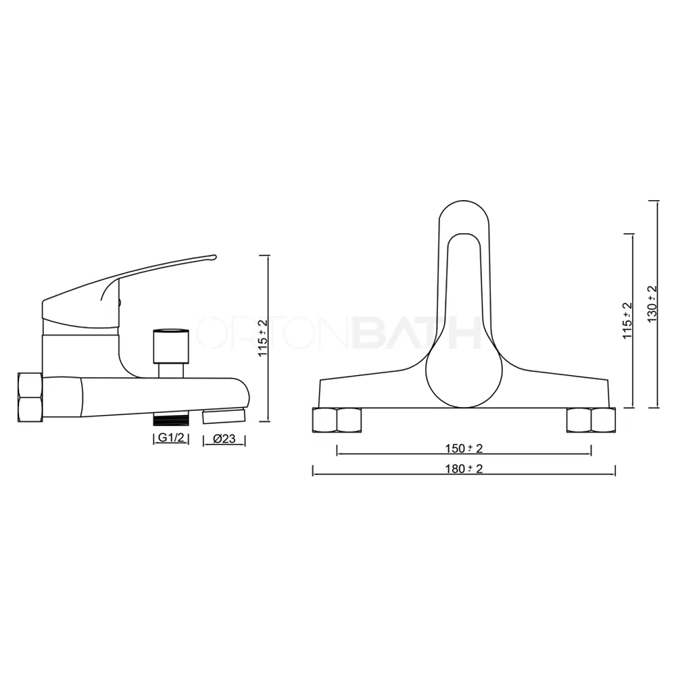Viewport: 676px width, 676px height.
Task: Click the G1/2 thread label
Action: click(x=170, y=439)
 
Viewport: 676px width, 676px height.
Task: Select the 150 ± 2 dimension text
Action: click(x=464, y=449)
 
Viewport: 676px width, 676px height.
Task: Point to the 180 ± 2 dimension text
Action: click(x=464, y=469)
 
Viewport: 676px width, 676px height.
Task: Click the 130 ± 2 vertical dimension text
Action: click(x=652, y=304)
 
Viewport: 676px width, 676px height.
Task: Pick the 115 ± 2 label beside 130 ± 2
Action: click(x=627, y=320)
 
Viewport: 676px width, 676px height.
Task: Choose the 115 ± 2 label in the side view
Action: click(x=263, y=338)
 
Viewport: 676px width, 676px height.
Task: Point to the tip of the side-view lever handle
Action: click(x=214, y=258)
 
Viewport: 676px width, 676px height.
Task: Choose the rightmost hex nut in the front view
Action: click(x=603, y=420)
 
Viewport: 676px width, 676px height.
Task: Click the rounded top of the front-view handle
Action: click(x=464, y=210)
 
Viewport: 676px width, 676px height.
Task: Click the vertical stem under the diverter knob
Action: click(x=170, y=370)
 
